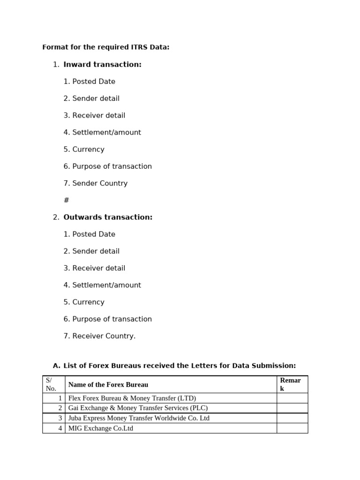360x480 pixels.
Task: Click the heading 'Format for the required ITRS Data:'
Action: [105, 47]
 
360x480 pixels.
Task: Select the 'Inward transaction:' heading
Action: [102, 65]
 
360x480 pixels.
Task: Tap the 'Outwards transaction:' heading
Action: [108, 217]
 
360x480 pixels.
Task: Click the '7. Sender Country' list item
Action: [95, 183]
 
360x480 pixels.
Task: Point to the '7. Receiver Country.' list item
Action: [99, 336]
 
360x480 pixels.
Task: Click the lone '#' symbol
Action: [66, 200]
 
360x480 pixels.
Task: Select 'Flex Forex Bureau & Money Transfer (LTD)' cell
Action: [132, 398]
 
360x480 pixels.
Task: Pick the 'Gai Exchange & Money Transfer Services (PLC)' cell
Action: [138, 408]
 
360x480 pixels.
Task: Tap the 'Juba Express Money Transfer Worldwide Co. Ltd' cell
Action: [139, 418]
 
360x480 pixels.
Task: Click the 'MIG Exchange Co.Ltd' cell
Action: [101, 428]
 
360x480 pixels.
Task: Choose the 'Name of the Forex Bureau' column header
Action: [108, 385]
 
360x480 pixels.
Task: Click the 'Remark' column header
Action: [290, 384]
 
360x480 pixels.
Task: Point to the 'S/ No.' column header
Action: [51, 384]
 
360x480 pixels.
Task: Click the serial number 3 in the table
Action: [60, 418]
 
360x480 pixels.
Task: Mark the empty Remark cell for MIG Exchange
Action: [292, 428]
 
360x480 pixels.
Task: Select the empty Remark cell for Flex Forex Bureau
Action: [292, 398]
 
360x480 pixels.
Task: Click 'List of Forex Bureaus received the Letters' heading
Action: [180, 366]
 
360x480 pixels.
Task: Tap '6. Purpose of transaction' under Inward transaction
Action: [107, 166]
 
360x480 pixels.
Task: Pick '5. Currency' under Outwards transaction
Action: [84, 302]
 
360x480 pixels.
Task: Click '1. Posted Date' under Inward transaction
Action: [89, 82]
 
